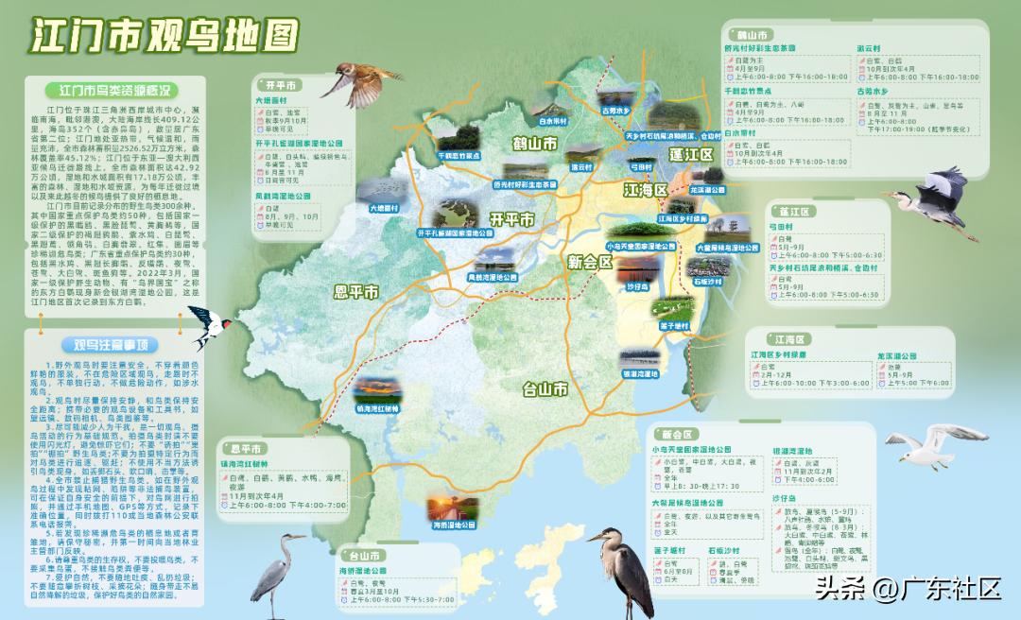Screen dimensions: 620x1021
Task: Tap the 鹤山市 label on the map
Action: (x=534, y=145)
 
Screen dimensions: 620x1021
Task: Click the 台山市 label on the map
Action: (x=545, y=387)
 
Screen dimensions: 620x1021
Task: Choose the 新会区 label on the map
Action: (x=590, y=263)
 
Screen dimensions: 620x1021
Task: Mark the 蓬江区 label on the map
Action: (x=690, y=154)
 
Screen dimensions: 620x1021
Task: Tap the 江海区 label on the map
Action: (x=646, y=190)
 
